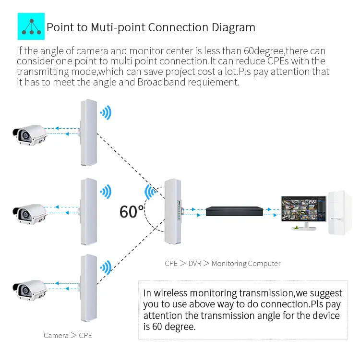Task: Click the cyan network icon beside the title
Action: point(31,26)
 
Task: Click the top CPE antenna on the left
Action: point(88,132)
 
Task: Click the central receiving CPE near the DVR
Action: point(173,211)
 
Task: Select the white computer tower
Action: point(341,213)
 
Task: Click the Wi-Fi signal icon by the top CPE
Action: point(105,113)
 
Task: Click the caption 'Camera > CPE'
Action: point(68,335)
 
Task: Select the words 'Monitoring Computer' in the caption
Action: point(246,263)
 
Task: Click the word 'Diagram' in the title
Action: point(233,27)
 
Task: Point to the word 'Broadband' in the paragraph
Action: point(158,82)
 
